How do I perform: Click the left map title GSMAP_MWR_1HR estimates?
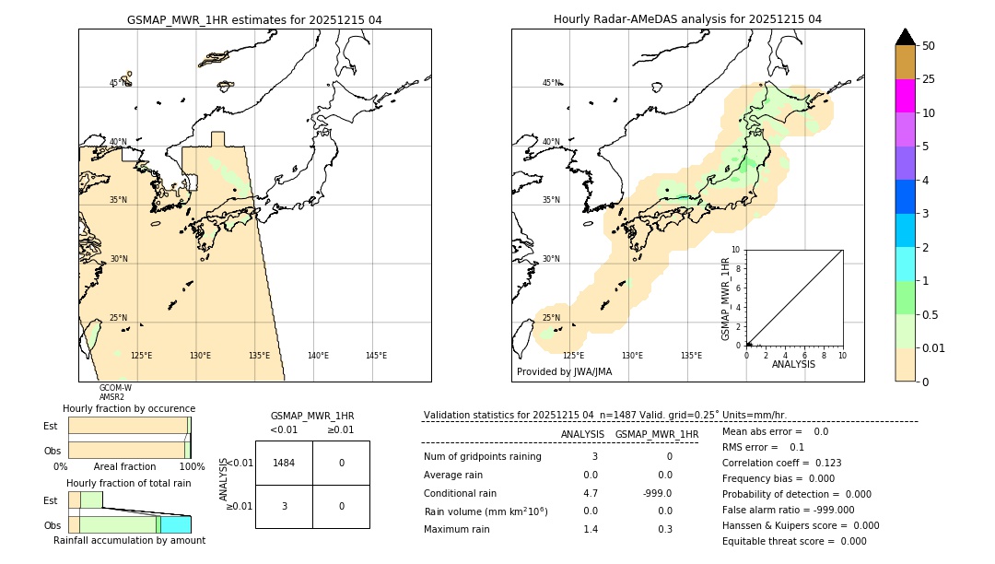click(x=254, y=19)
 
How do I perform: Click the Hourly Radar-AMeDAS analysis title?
click(x=687, y=19)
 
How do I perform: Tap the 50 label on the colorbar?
click(x=929, y=46)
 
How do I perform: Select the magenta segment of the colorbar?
click(x=905, y=96)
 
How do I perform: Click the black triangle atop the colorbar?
click(x=905, y=37)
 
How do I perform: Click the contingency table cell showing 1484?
click(x=284, y=463)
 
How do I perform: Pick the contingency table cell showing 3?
click(x=284, y=506)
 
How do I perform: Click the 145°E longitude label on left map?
click(x=376, y=356)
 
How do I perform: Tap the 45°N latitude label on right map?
click(x=551, y=84)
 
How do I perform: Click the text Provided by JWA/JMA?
click(x=564, y=372)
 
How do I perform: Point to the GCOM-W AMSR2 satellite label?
click(x=114, y=393)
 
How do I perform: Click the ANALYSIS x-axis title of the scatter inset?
click(x=793, y=364)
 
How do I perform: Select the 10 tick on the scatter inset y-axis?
click(x=735, y=250)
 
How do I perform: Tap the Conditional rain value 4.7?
click(x=591, y=493)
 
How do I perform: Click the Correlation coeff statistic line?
click(x=781, y=463)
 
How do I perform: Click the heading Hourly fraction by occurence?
click(x=129, y=408)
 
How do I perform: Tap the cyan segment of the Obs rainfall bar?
click(x=176, y=524)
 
